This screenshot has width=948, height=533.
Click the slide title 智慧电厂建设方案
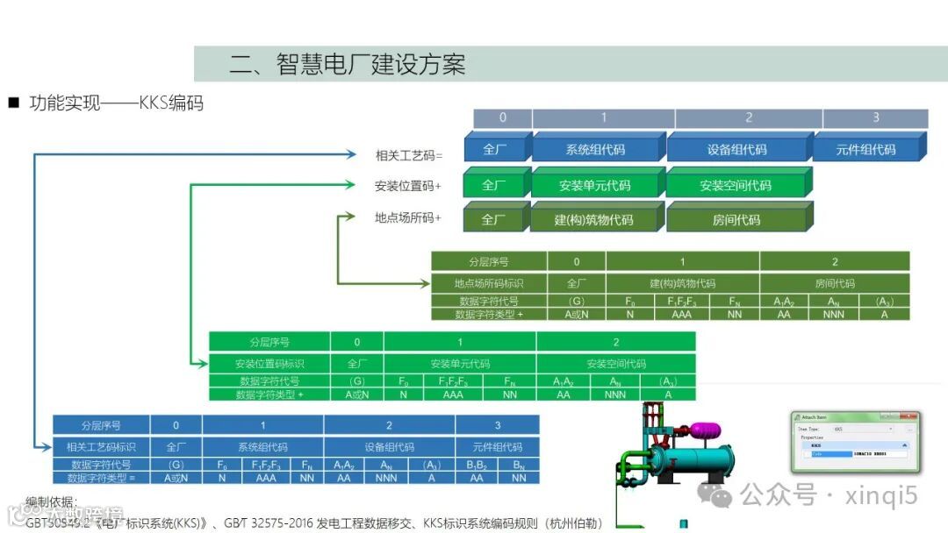click(x=347, y=64)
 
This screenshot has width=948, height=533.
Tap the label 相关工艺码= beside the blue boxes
click(x=409, y=155)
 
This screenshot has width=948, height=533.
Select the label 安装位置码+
click(x=407, y=186)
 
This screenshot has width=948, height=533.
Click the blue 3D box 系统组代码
click(x=595, y=150)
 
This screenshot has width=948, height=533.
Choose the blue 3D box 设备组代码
click(x=736, y=150)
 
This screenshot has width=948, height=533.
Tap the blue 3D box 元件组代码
click(x=865, y=150)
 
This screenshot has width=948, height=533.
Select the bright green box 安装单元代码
click(x=594, y=186)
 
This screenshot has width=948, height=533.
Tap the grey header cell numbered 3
click(x=875, y=118)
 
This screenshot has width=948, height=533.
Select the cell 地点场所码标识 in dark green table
click(x=489, y=283)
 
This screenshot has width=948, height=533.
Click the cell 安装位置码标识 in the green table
click(x=269, y=363)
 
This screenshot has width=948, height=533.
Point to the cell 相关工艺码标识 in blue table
click(x=101, y=447)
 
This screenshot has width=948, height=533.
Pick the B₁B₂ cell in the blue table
click(x=477, y=465)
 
